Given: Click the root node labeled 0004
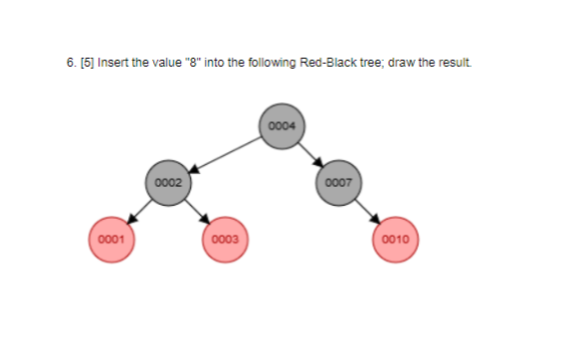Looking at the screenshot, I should click(283, 125).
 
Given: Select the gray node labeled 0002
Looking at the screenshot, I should click(168, 182).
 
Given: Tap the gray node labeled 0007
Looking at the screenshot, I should click(338, 182).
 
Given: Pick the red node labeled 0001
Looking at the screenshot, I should click(110, 239).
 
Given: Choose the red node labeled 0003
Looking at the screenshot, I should click(225, 239).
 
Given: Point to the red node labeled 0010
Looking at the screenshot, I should click(396, 239).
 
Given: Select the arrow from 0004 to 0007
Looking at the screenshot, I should click(311, 154).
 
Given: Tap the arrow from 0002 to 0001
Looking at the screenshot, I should click(139, 211).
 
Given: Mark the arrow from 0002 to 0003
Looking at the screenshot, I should click(197, 211).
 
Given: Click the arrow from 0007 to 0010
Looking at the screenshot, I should click(368, 211).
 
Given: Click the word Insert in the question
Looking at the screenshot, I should click(112, 64).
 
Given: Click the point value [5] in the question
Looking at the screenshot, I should click(86, 64).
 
